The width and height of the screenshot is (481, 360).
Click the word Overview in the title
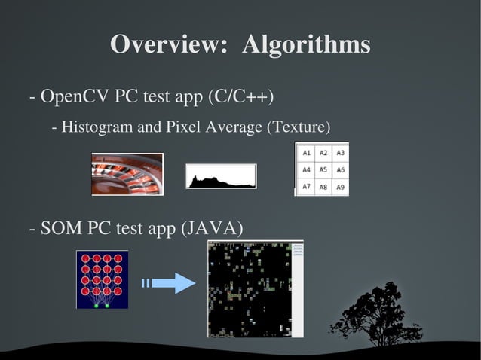pyautogui.click(x=168, y=44)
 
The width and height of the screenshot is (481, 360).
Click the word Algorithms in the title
pyautogui.click(x=306, y=44)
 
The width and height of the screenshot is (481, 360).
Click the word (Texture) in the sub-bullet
pyautogui.click(x=299, y=127)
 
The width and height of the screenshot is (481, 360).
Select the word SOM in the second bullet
pyautogui.click(x=61, y=228)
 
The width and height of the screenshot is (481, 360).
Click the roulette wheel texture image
pyautogui.click(x=127, y=174)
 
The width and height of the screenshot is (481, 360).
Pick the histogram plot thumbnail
pyautogui.click(x=221, y=176)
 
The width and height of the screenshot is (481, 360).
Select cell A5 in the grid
pyautogui.click(x=323, y=170)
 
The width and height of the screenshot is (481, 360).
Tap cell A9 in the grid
pyautogui.click(x=340, y=187)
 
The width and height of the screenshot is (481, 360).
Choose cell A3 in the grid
pyautogui.click(x=340, y=153)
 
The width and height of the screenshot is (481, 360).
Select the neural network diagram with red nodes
pyautogui.click(x=102, y=279)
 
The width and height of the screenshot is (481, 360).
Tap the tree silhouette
pyautogui.click(x=377, y=316)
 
